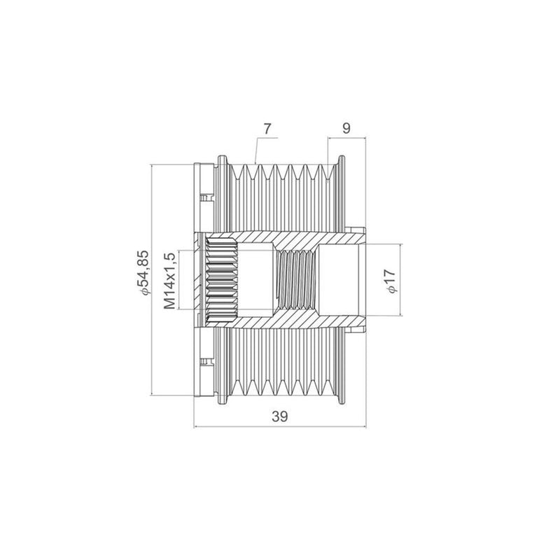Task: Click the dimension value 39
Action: (279, 416)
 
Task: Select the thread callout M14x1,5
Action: (169, 281)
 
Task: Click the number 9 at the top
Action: (346, 128)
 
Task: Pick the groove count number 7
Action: (267, 129)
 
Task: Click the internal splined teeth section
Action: (222, 279)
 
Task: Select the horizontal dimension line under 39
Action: (280, 426)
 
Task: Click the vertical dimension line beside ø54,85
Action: (152, 279)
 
